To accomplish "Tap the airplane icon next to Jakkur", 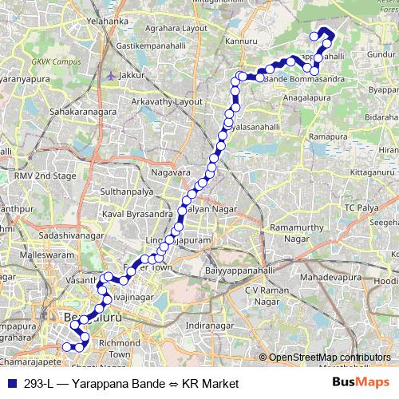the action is point(109,74).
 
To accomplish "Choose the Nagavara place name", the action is point(171,172).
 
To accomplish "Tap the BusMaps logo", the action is point(361,383).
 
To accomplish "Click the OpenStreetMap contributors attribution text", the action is point(330,357).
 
